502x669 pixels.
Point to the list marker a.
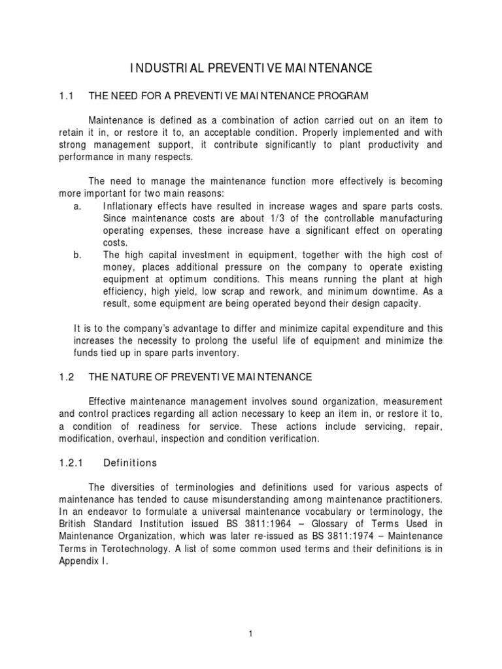coord(77,206)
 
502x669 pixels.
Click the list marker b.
coord(77,254)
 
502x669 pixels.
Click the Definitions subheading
coord(131,463)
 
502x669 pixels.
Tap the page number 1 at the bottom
coord(250,633)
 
